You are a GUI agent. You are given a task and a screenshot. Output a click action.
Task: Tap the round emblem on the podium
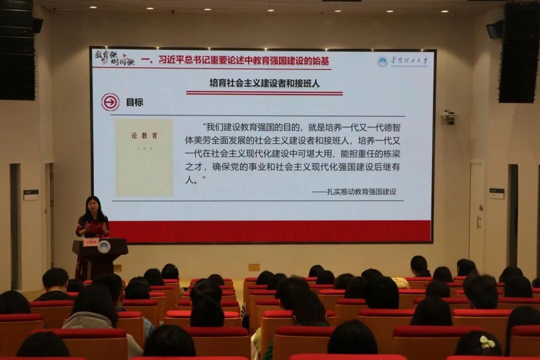(104, 246)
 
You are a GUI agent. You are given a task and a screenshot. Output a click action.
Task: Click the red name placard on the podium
(90, 242)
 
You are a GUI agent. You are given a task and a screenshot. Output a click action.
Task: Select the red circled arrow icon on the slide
(110, 102)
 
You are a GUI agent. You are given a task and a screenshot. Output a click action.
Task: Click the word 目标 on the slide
(134, 102)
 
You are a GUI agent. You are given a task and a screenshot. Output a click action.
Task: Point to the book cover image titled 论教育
(144, 157)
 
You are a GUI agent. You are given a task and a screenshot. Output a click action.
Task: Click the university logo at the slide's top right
(402, 61)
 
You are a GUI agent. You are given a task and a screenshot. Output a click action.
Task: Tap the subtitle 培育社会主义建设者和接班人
(264, 83)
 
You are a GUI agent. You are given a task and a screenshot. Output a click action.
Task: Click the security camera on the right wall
(449, 117)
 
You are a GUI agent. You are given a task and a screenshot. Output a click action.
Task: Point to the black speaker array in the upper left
(17, 50)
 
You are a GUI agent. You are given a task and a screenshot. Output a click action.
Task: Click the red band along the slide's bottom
(270, 231)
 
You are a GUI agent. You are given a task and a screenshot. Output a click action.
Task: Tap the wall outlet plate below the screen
(254, 267)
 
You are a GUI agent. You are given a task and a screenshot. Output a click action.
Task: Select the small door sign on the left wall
(30, 195)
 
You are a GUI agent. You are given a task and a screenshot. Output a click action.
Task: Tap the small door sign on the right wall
(496, 193)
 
